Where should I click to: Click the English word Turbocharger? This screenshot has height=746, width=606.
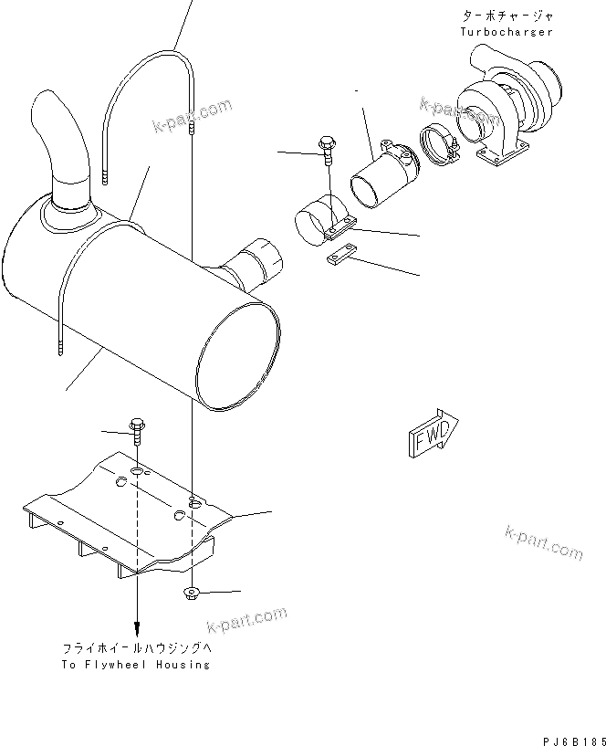point(507,32)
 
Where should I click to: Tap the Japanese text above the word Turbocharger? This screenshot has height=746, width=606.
point(507,16)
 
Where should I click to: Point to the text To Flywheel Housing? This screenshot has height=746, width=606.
point(136,664)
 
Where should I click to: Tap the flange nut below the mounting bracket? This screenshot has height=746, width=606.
point(193,594)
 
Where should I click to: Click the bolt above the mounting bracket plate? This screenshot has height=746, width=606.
point(137,430)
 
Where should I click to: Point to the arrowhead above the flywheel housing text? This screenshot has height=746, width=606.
point(137,629)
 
